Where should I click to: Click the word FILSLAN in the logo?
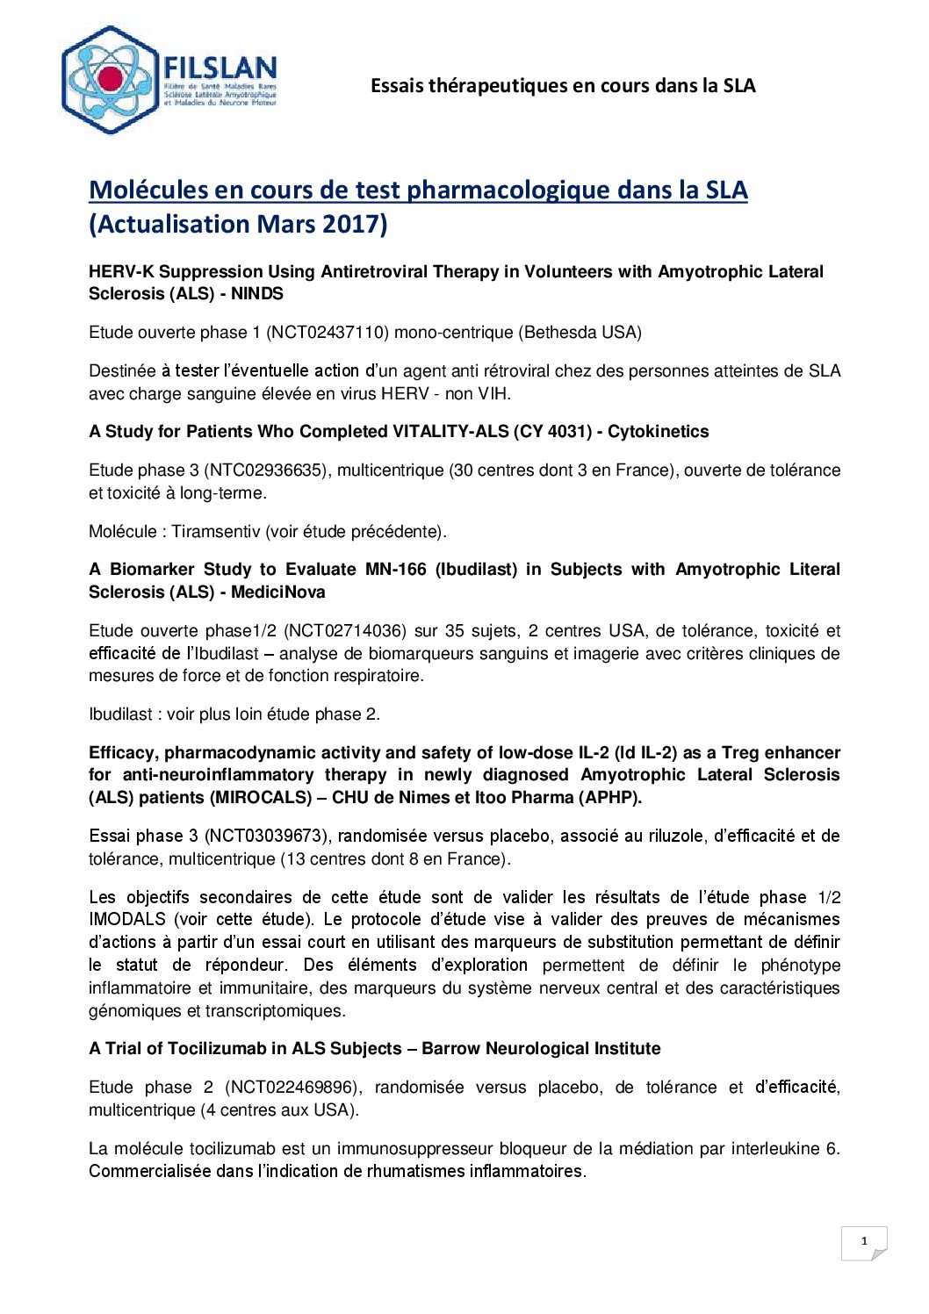pyautogui.click(x=220, y=68)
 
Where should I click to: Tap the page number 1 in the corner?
pyautogui.click(x=864, y=1241)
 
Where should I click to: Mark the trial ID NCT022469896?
pyautogui.click(x=292, y=1088)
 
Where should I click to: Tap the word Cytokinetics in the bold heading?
pyautogui.click(x=658, y=432)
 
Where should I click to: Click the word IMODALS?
pyautogui.click(x=127, y=920)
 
